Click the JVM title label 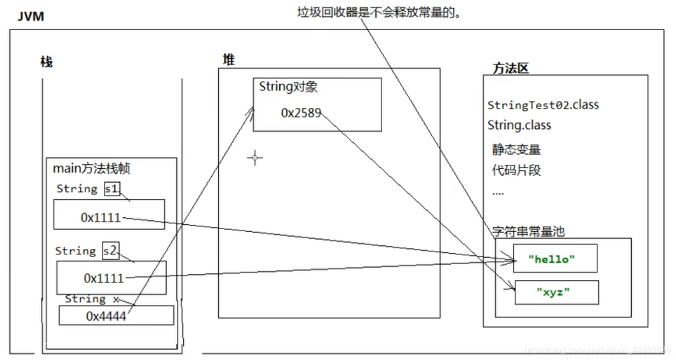[31, 16]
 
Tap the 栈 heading [47, 62]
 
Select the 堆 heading [229, 60]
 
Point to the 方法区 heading [511, 68]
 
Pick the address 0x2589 [301, 113]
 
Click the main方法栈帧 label [92, 169]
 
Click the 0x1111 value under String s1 [101, 217]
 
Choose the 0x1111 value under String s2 [104, 278]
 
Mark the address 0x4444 [106, 316]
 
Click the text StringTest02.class [543, 105]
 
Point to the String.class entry [519, 126]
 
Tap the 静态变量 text [516, 150]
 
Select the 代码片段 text [516, 171]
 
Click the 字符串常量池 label [528, 231]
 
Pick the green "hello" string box [555, 259]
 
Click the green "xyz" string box [556, 293]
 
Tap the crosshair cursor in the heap [255, 158]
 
